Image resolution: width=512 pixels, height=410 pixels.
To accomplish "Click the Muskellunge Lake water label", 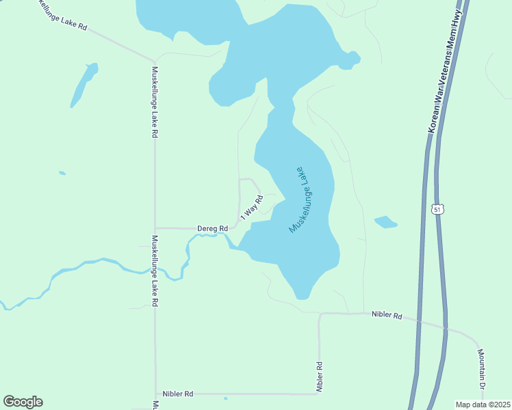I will (302, 199).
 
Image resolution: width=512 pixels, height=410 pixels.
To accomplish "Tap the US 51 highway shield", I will (439, 208).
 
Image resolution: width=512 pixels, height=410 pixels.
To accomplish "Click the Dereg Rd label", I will (212, 228).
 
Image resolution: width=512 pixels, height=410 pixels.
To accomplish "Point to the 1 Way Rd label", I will (252, 208).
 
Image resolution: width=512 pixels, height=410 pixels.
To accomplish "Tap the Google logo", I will (23, 402).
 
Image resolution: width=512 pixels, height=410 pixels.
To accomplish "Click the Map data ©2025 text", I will (483, 405).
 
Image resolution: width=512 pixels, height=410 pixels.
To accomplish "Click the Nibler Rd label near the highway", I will (387, 315).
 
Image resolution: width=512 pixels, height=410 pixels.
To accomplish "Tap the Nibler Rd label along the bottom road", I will (178, 394).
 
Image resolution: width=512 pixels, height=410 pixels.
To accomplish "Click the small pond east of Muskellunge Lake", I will (385, 222).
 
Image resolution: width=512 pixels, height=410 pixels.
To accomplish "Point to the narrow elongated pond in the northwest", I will (82, 85).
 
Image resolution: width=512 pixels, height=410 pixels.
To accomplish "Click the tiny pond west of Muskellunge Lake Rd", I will (62, 173).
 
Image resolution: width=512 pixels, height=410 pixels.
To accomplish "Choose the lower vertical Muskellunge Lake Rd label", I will (155, 271).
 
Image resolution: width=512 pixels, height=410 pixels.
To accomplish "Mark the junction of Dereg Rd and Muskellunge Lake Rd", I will (155, 228).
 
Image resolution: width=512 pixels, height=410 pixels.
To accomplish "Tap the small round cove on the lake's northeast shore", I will (350, 60).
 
